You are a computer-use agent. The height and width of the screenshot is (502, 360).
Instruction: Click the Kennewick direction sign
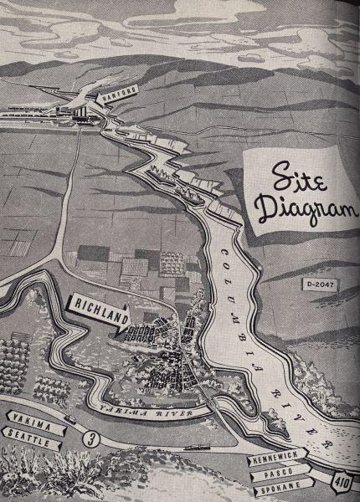277,461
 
